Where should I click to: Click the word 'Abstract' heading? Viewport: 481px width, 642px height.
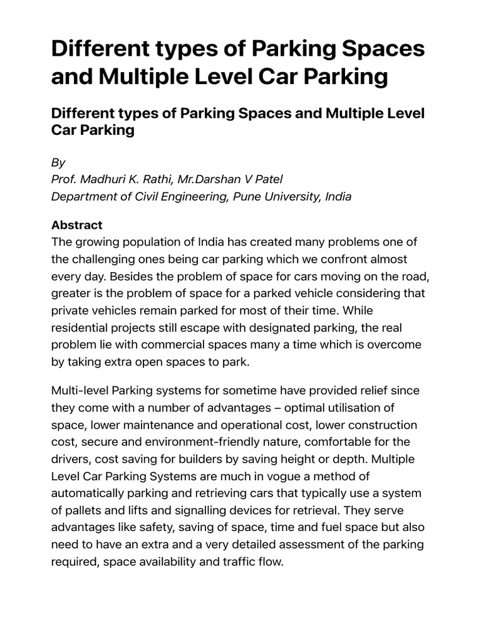click(x=76, y=225)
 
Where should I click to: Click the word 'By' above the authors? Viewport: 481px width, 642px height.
click(x=58, y=162)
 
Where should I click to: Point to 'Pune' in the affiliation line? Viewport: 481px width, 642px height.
click(x=251, y=196)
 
